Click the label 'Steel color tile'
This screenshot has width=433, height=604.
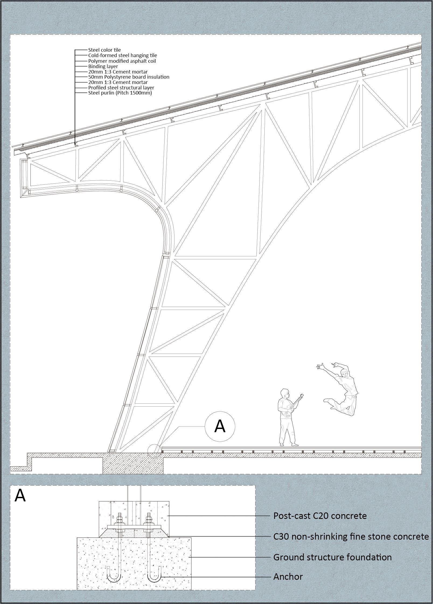104,50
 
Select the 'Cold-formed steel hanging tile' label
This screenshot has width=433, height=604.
123,55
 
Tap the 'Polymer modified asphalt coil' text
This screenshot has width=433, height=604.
122,61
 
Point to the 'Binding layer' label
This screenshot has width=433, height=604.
103,66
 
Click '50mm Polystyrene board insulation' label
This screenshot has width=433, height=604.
129,77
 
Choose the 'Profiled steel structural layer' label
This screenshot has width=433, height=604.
121,88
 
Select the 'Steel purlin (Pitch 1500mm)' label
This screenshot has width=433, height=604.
120,93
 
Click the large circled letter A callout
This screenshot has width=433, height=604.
220,427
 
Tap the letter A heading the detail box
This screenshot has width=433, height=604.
20,495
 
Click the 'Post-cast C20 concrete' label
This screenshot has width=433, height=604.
320,516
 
